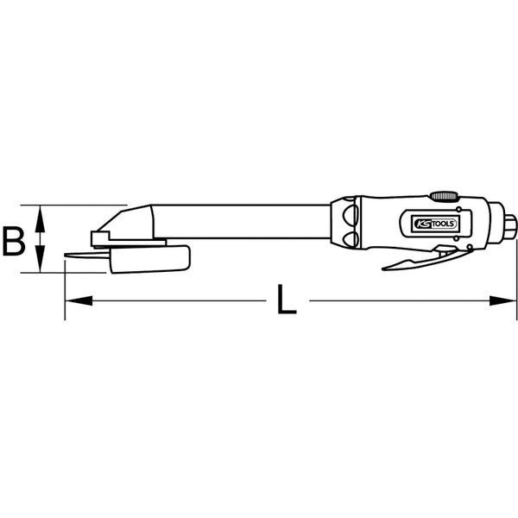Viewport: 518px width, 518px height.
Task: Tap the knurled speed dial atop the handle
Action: click(445, 197)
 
